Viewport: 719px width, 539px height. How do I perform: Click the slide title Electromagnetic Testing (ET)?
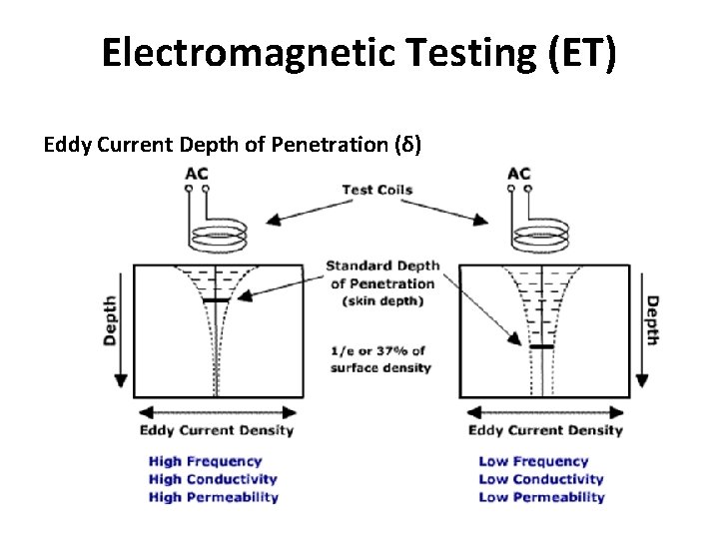click(359, 53)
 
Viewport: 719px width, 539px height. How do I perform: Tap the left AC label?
click(197, 174)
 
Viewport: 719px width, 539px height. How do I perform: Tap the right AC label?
click(519, 174)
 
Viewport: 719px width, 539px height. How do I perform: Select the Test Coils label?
click(376, 190)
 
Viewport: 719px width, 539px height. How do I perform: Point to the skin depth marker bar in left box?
click(216, 299)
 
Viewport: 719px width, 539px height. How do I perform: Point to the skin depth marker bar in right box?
click(541, 346)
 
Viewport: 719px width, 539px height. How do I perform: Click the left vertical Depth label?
click(110, 320)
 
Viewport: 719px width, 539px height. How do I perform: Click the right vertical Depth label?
click(651, 320)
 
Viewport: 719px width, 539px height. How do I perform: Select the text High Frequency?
click(205, 461)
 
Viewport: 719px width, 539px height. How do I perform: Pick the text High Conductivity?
click(212, 479)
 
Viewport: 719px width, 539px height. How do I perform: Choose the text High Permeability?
click(213, 497)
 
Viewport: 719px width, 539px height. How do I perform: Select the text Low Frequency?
click(533, 461)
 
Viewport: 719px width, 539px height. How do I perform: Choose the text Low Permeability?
click(541, 497)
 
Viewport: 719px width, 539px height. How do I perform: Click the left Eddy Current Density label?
click(216, 430)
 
